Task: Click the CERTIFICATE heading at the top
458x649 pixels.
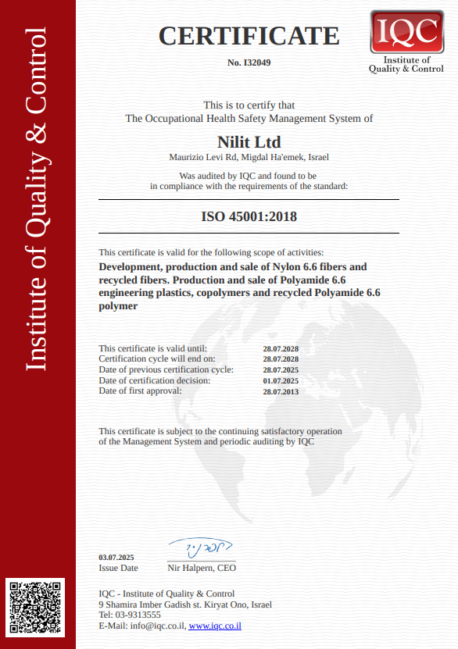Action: tap(249, 36)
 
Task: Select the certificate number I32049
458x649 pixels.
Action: tap(249, 62)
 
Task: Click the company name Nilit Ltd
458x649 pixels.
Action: tap(249, 141)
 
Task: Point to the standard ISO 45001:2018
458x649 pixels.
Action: tap(249, 216)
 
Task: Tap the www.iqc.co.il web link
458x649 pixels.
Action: tap(215, 626)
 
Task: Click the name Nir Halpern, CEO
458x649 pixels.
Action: tap(202, 568)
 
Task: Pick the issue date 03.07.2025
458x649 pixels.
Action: tap(116, 557)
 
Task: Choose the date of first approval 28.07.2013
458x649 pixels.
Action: tap(281, 391)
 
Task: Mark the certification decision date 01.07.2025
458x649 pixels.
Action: tap(281, 380)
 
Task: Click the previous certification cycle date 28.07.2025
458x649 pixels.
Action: tap(281, 369)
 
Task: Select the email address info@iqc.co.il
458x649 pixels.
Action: tap(158, 626)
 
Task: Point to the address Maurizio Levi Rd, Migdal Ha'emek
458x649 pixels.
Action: tap(249, 157)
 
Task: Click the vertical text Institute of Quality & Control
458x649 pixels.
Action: tap(37, 199)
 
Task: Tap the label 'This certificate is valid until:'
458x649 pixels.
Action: tap(153, 348)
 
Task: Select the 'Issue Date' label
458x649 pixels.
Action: tap(118, 568)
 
